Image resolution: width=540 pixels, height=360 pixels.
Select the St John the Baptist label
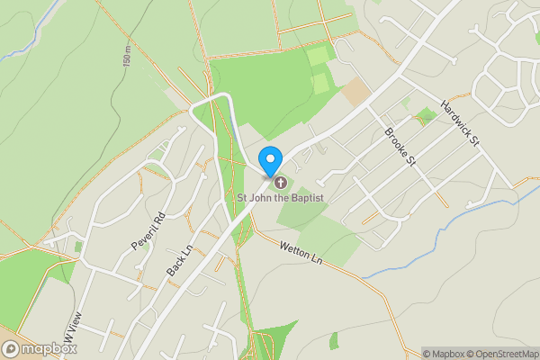tap(280, 197)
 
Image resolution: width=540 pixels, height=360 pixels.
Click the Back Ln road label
tap(181, 261)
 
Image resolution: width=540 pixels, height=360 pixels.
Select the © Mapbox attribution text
tap(445, 353)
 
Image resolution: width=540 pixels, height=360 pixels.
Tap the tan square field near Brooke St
tap(356, 90)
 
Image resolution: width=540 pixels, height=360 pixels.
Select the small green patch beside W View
tap(78, 246)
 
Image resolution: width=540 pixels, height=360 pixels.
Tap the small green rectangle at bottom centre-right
tap(334, 340)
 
